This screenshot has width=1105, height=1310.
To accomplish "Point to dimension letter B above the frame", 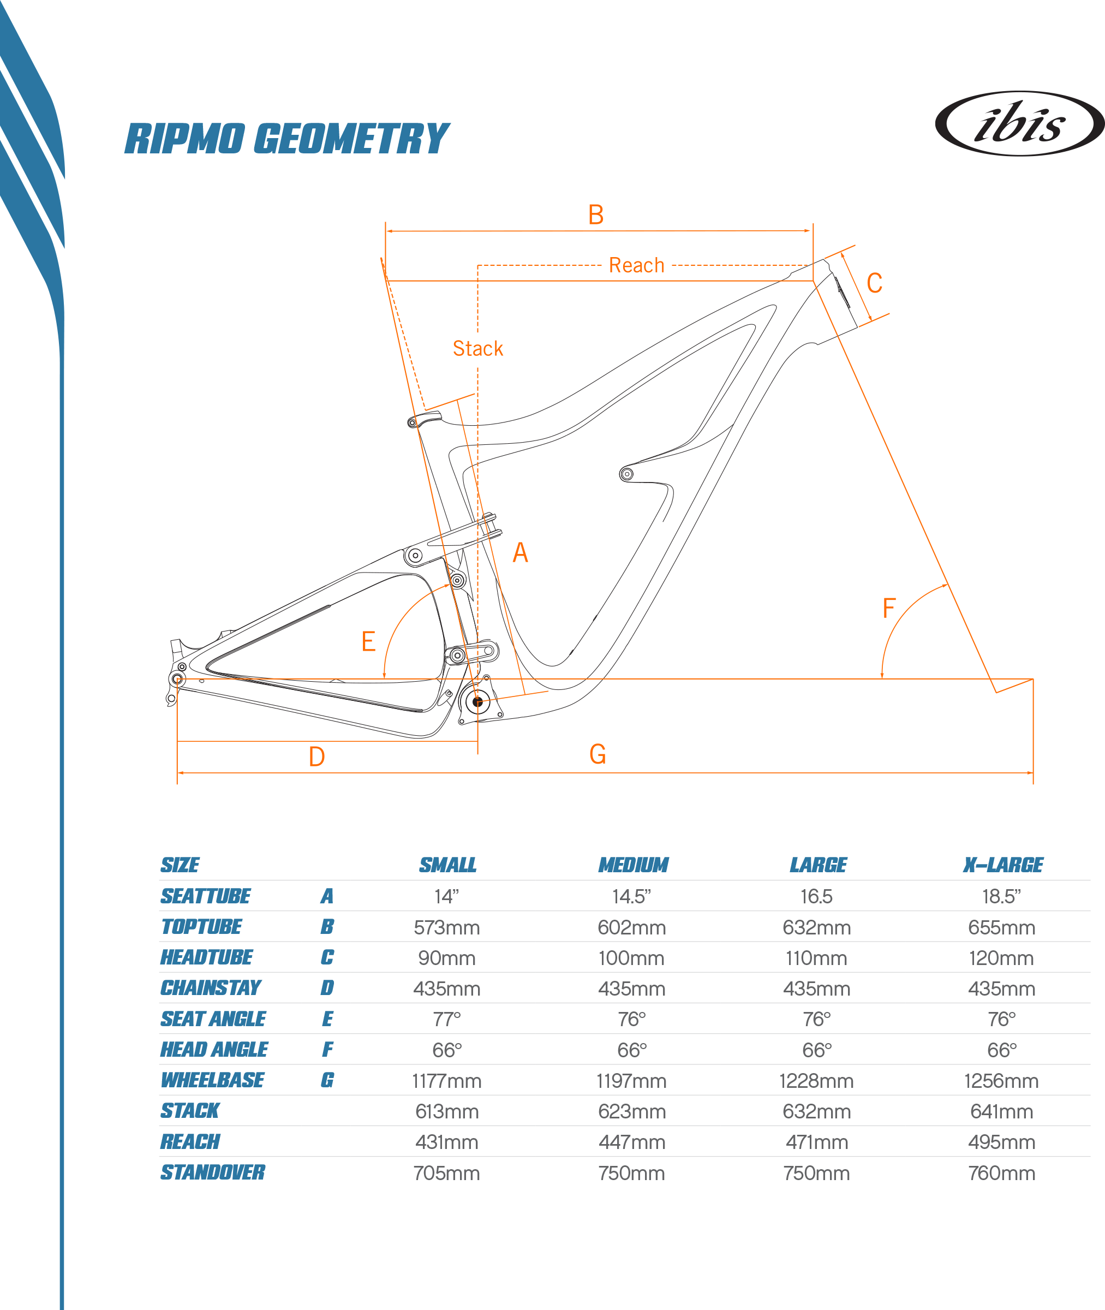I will point(596,215).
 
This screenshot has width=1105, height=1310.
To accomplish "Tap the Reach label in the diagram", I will point(636,266).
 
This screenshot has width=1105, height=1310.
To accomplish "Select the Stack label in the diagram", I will point(477,348).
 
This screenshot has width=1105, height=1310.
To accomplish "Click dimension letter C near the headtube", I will point(875,283).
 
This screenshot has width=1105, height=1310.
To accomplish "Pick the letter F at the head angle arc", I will point(888,608).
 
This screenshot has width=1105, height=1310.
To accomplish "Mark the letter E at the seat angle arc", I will point(368,641).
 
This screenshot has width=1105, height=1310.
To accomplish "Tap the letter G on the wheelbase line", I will point(597,754).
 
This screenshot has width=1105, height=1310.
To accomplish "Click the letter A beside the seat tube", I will point(520,552).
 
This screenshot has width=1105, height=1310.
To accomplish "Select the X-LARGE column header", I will point(1002,865).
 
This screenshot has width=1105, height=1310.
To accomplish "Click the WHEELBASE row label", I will point(212,1080).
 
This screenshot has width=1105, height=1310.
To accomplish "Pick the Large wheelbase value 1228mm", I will point(816,1081).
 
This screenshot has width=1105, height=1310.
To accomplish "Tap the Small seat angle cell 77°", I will point(446,1019).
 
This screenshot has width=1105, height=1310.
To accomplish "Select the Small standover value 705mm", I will point(446,1173).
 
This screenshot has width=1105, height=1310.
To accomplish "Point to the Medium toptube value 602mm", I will point(631,927).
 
